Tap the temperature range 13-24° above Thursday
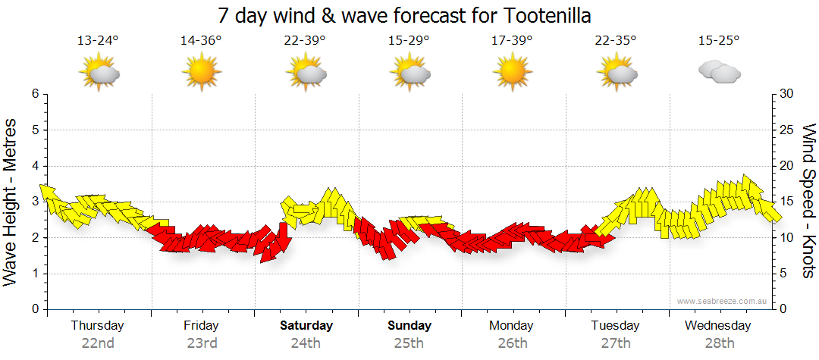coord(98,41)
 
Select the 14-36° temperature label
coord(201,41)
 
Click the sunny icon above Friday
coord(201,74)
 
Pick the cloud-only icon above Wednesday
coord(719,73)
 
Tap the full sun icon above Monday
coord(512,74)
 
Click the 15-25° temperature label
coord(719,41)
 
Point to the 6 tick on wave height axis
coord(34,94)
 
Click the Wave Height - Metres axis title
coord(11,202)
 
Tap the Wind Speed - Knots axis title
coord(808,202)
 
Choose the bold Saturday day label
coord(306,326)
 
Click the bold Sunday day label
coord(409,326)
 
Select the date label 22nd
coord(98,343)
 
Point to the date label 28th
coord(719,343)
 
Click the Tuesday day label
coord(615,326)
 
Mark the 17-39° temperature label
coord(512,41)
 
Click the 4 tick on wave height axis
coord(34,166)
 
